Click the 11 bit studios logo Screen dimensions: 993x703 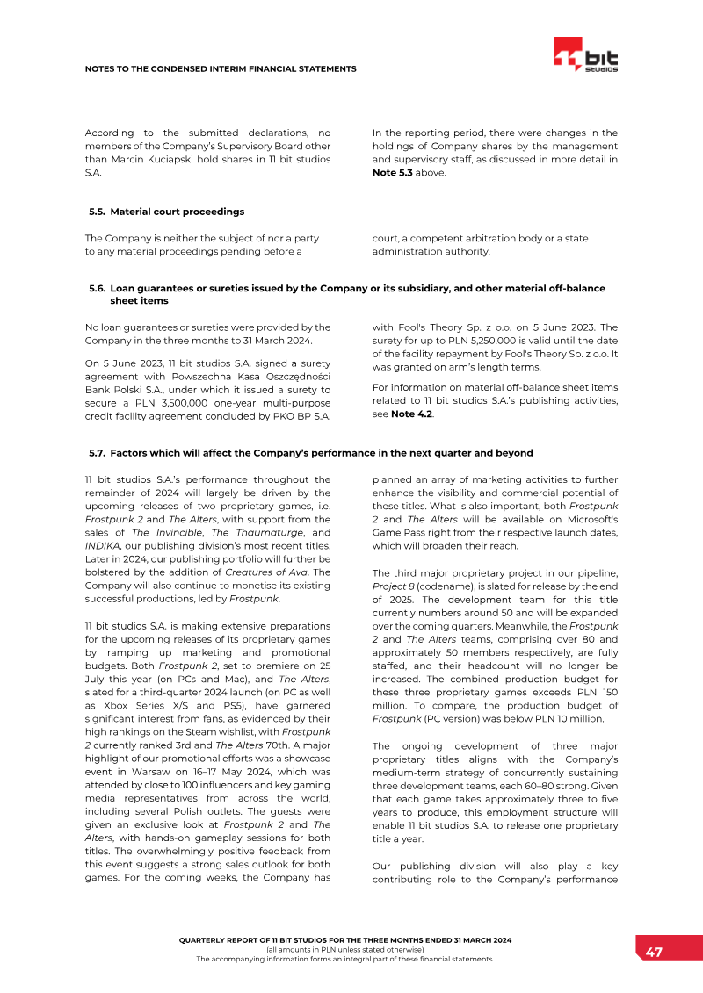pyautogui.click(x=586, y=56)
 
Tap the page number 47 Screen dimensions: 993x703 pyautogui.click(x=654, y=953)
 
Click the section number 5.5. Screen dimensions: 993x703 pyautogui.click(x=97, y=212)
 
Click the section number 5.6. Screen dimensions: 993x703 pyautogui.click(x=97, y=288)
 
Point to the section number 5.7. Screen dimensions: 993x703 pyautogui.click(x=97, y=453)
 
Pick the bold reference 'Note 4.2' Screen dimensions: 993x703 pyautogui.click(x=410, y=415)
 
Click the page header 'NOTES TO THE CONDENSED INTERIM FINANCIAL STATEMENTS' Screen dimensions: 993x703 pyautogui.click(x=221, y=68)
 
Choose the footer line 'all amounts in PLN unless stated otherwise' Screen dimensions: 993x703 pyautogui.click(x=344, y=949)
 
